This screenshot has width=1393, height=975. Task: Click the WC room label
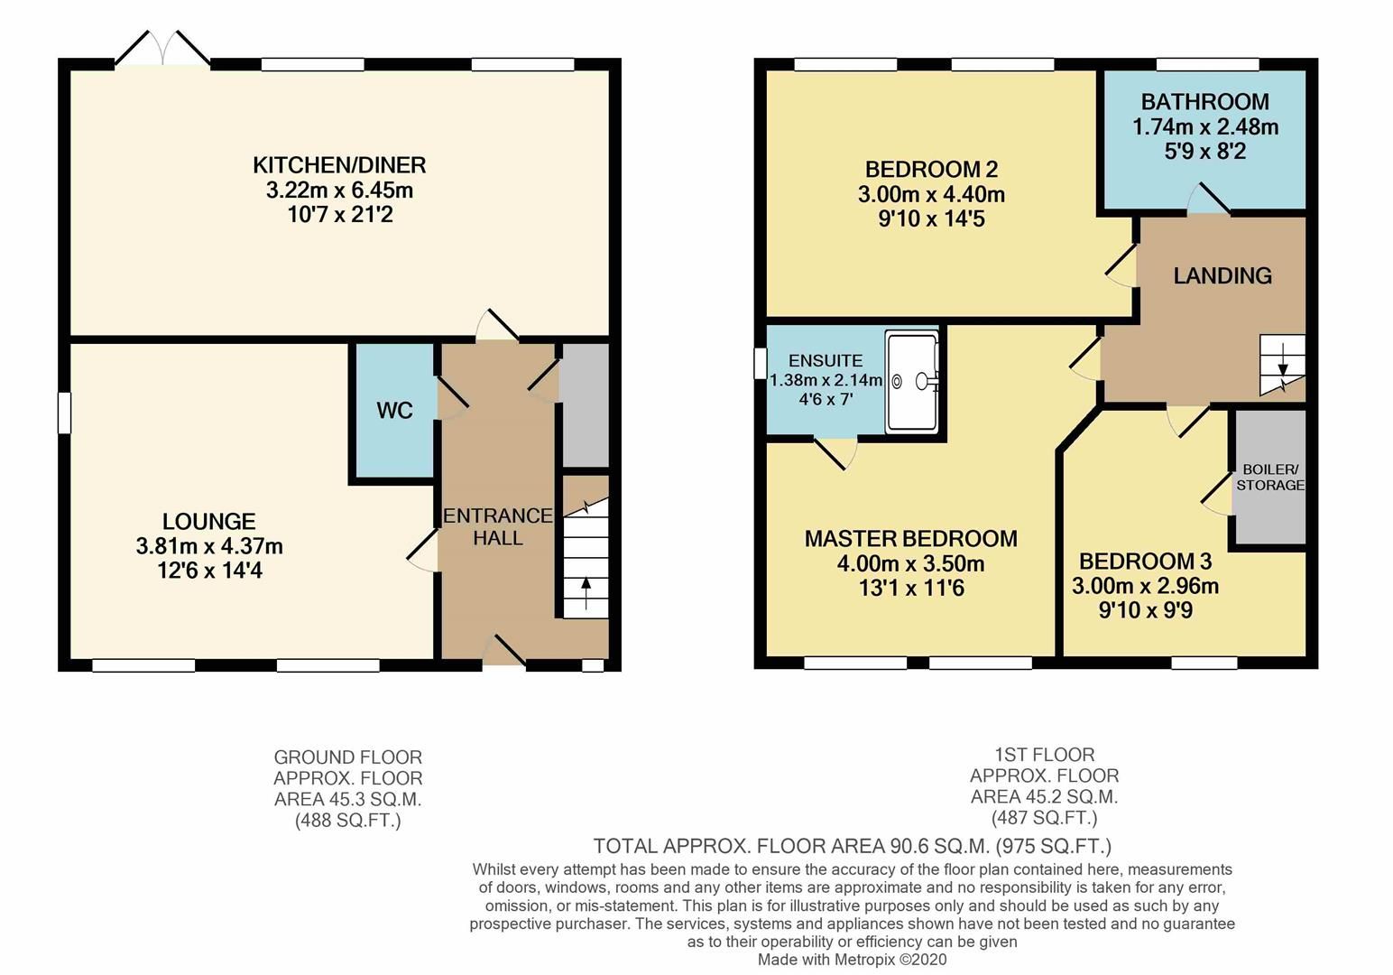394,411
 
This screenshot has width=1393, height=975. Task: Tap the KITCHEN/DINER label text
339,165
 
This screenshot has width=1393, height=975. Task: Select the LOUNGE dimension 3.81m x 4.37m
209,546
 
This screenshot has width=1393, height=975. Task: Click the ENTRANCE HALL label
497,526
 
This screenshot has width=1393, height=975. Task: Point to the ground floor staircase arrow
586,592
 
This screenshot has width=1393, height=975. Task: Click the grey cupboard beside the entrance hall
585,405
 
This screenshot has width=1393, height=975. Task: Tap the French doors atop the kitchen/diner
162,49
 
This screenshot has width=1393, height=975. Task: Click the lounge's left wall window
64,413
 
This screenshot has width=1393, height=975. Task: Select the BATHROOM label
1204,102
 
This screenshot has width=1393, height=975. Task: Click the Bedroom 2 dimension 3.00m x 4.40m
931,194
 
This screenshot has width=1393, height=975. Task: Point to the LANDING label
1222,276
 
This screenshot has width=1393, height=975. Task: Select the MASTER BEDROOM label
911,539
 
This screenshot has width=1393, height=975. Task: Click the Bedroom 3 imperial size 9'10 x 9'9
1145,611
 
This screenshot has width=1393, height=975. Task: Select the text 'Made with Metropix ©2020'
852,960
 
